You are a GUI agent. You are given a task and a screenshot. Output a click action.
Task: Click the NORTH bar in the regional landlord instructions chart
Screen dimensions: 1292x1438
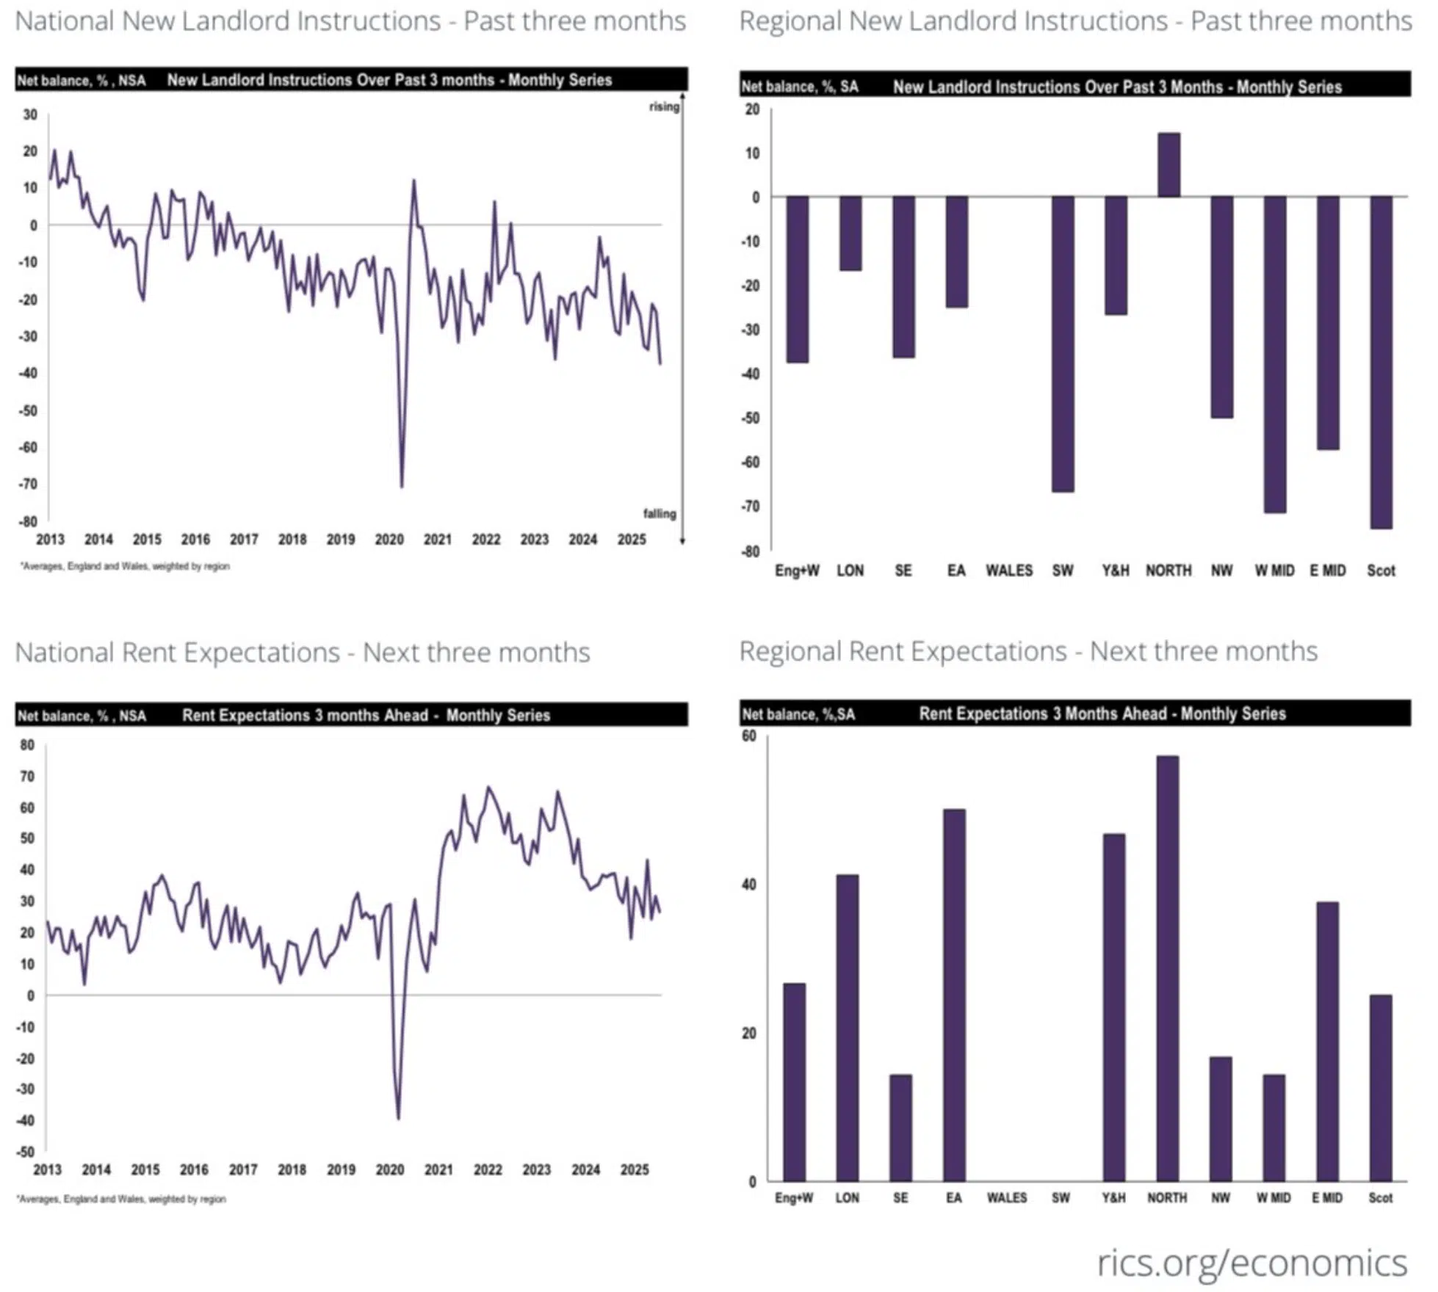click(x=1169, y=165)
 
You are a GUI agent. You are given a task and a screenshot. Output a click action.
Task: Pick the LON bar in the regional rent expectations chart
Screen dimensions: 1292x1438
click(x=847, y=1028)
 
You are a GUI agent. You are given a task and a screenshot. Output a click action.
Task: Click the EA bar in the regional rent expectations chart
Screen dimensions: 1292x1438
click(x=954, y=995)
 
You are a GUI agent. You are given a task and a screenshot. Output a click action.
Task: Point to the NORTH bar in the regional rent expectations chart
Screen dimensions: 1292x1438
click(x=1168, y=969)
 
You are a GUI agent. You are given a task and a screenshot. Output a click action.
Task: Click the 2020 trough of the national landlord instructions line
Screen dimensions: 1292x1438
click(x=402, y=485)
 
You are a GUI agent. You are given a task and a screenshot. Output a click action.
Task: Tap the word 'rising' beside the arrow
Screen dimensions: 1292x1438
click(x=664, y=107)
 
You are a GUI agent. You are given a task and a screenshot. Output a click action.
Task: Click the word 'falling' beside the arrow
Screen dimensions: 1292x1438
click(x=660, y=514)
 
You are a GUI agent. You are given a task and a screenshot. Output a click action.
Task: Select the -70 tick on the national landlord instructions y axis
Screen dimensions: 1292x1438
click(x=29, y=484)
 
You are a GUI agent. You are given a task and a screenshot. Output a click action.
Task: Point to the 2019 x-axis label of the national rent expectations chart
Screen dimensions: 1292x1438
click(x=341, y=1170)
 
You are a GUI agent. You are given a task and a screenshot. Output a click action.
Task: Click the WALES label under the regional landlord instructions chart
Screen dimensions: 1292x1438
click(x=1008, y=571)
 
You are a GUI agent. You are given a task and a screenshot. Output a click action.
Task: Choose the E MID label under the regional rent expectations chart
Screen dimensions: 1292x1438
click(x=1327, y=1198)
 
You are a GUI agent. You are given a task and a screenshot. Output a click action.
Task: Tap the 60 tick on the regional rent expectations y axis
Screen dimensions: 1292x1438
click(x=748, y=736)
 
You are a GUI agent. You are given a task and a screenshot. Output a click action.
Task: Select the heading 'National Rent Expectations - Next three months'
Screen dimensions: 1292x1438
click(x=303, y=653)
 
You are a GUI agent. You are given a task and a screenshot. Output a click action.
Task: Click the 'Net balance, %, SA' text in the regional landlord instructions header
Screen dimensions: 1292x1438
click(x=799, y=87)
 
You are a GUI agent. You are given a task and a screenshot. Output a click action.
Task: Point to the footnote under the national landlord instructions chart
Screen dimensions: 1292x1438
click(x=125, y=566)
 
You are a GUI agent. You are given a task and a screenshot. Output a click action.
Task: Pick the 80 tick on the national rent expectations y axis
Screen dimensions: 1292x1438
click(x=27, y=745)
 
